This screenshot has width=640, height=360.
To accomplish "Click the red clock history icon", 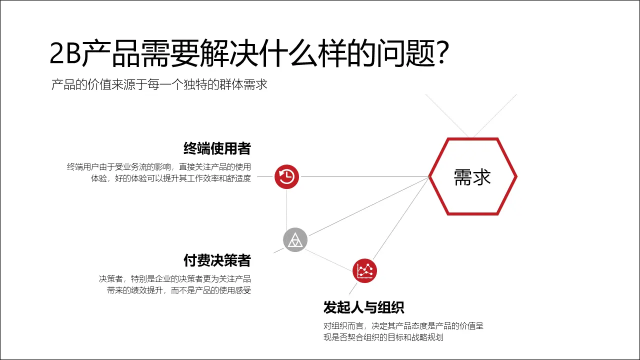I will (x=286, y=176).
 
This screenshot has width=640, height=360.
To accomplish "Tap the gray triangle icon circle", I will (x=295, y=240).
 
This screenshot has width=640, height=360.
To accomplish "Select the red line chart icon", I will (x=364, y=271).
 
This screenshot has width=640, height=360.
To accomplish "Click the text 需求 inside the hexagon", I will (x=472, y=176).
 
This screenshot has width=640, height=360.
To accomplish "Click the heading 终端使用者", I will (x=217, y=148).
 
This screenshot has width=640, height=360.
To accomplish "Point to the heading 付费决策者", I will (x=217, y=260).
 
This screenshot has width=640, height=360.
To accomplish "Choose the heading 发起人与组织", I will (x=363, y=307).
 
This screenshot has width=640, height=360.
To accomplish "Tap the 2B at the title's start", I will (x=65, y=54).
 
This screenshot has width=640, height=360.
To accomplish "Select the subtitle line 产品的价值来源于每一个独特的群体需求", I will (x=159, y=84).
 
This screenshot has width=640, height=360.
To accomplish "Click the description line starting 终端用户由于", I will (x=159, y=166).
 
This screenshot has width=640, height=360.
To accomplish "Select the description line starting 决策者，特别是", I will (x=175, y=278).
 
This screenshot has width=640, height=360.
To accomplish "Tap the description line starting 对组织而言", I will (x=403, y=326).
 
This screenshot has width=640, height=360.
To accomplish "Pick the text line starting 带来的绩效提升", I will (x=179, y=290).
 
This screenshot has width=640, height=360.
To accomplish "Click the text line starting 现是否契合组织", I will (x=383, y=337).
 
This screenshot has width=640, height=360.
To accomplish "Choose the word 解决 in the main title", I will (x=216, y=54).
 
